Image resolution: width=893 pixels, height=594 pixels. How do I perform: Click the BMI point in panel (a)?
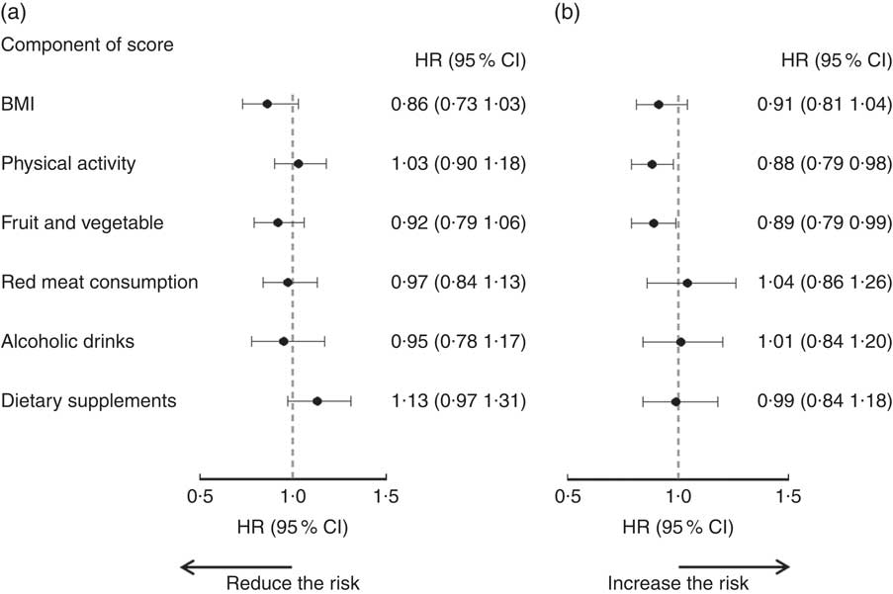267,104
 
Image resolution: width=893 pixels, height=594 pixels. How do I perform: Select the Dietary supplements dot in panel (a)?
317,401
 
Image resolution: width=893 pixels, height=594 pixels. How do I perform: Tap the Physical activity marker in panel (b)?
652,164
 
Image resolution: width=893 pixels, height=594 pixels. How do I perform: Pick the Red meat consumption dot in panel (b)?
687,283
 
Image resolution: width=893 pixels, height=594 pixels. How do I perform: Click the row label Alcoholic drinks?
68,342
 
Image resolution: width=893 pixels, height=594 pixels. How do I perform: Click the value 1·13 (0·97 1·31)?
458,401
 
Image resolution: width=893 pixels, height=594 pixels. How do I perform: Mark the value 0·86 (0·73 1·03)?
458,104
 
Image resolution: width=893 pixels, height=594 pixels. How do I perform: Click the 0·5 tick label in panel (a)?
200,495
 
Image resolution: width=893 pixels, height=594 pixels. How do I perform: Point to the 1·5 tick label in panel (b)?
788,495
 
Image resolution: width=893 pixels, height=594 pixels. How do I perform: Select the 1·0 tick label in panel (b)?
677,495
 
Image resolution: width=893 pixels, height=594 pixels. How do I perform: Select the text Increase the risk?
677,582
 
